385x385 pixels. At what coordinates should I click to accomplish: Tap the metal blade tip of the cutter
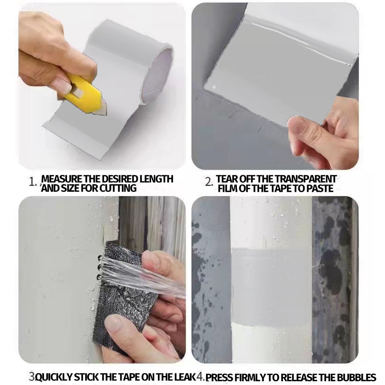[x=104, y=114]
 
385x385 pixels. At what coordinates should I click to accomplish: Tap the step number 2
[x=208, y=182]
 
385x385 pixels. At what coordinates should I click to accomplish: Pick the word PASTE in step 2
[x=320, y=189]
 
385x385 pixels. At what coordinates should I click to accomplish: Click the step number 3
[x=32, y=377]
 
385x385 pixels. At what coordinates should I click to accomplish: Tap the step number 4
[x=200, y=377]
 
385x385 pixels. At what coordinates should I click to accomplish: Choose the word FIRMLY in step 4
[x=250, y=377]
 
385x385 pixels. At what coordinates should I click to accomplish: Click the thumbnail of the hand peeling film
[x=275, y=86]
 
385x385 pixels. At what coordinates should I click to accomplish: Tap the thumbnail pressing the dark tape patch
[x=102, y=280]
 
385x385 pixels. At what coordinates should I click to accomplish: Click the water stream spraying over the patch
[x=142, y=275]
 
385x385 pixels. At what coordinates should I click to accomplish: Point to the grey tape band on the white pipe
[x=272, y=286]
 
